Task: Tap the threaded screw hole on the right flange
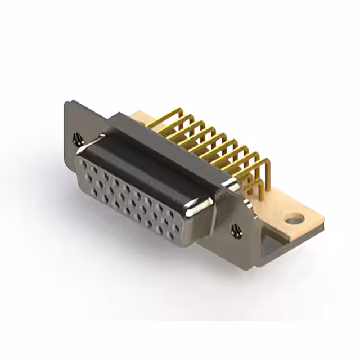(x=235, y=228)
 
